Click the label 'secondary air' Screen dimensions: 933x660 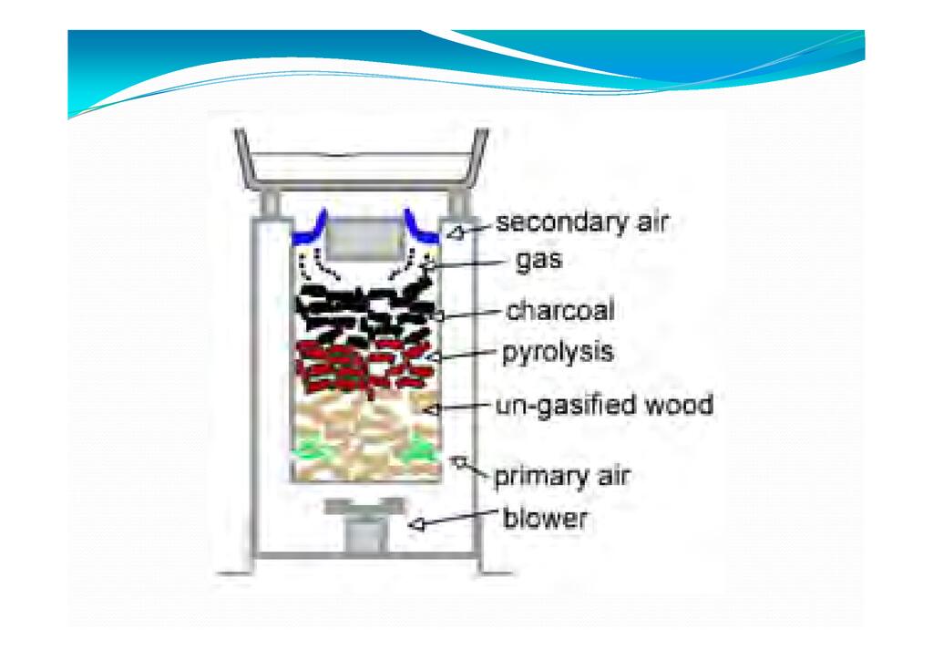coord(582,222)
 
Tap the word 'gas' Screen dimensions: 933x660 coord(538,260)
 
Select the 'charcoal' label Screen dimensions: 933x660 coord(560,311)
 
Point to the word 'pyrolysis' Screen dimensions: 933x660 coord(558,352)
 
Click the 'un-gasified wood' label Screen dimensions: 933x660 coord(604,406)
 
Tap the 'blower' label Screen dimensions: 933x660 coord(545,519)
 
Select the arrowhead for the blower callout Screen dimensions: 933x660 coord(416,524)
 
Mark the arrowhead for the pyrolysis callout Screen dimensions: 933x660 coord(435,357)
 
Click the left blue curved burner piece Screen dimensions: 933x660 coord(311,228)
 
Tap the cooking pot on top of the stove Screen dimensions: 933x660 coord(361,159)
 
